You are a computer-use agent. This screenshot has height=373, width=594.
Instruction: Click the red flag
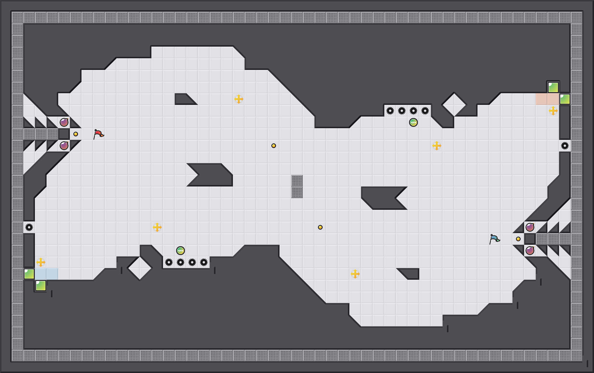(98, 134)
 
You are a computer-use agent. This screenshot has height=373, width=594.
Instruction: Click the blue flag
(494, 239)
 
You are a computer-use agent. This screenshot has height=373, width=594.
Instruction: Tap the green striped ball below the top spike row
(413, 122)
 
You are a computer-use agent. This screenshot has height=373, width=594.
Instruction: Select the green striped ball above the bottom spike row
(181, 251)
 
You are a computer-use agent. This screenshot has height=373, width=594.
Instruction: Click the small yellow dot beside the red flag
(76, 134)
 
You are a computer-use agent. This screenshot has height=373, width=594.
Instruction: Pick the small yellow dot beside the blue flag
(518, 239)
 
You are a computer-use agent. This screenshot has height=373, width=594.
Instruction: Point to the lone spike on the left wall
(29, 227)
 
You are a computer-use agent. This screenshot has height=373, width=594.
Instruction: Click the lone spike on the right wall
(565, 146)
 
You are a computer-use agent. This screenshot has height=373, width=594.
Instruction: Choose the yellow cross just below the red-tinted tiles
(553, 111)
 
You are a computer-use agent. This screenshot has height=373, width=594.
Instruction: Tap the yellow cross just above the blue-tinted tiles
(41, 262)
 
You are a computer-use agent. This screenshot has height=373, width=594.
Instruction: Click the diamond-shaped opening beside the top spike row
(454, 104)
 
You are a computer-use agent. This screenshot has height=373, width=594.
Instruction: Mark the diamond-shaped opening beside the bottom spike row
(140, 268)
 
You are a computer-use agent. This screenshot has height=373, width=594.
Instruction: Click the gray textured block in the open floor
(297, 186)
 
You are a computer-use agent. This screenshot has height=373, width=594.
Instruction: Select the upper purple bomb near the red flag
(64, 122)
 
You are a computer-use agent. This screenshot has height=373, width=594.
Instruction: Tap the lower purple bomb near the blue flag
(530, 251)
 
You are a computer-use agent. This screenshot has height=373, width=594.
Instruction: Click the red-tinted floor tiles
(547, 99)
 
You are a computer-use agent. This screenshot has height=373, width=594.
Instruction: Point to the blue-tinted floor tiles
(47, 274)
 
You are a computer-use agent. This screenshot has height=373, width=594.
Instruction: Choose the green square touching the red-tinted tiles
(565, 99)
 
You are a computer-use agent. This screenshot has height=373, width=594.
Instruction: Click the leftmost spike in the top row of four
(390, 111)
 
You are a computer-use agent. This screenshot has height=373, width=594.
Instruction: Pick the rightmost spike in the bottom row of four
(204, 262)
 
